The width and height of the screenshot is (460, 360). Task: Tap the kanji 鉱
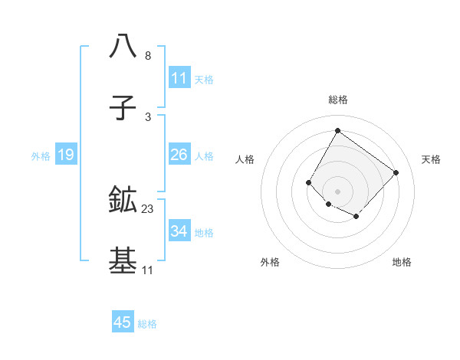[x=123, y=200]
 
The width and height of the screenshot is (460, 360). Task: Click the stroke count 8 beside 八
[x=148, y=56]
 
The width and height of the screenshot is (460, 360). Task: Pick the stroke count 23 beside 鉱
[x=148, y=209]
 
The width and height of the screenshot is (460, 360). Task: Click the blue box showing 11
[x=179, y=78]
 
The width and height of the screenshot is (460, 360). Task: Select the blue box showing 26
[x=179, y=155]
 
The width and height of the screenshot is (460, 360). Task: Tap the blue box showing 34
[x=179, y=231]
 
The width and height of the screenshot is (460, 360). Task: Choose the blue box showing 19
[x=65, y=155]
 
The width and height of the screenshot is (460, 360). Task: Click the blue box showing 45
[x=123, y=322]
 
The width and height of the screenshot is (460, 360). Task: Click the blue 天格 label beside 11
[x=204, y=80]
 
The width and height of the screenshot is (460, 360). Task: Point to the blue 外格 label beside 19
[x=41, y=156]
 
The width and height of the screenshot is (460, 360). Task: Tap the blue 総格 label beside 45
[x=147, y=324]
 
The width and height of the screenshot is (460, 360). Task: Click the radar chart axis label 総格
[x=338, y=100]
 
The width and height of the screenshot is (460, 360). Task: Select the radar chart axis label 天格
[x=431, y=159]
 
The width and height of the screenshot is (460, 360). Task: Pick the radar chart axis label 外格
[x=270, y=262]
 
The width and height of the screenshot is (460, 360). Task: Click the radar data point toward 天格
[x=396, y=172]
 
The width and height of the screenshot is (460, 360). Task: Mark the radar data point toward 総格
[x=337, y=130]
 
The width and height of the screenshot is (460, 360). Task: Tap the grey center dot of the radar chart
[x=337, y=191]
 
